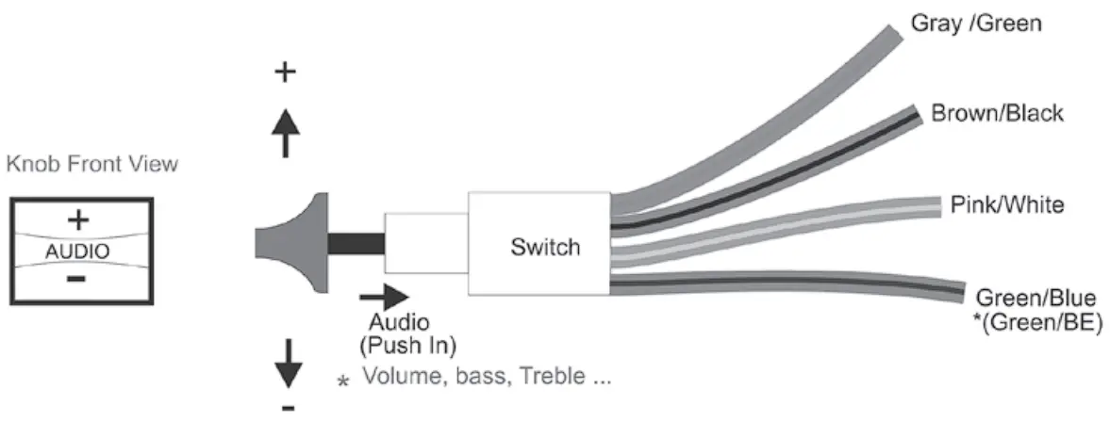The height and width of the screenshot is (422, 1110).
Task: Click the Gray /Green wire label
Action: pos(975,22)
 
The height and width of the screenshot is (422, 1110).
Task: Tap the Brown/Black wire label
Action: pos(997,114)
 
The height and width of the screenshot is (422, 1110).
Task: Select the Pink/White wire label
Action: pos(1007,204)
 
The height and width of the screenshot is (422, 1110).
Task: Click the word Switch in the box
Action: pos(544,248)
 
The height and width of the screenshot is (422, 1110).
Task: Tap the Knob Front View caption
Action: pos(91,165)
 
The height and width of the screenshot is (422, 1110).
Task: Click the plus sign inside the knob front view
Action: pos(78,219)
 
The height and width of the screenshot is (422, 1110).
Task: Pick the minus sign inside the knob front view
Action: pos(78,279)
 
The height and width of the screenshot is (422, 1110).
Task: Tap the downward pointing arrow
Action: pos(289,362)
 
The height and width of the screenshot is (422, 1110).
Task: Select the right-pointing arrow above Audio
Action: pos(384,297)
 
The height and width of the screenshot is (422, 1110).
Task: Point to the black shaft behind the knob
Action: pos(356,243)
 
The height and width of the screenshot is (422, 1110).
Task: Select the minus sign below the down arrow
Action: pos(289,407)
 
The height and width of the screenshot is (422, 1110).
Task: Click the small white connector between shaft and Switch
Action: pos(426,244)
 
